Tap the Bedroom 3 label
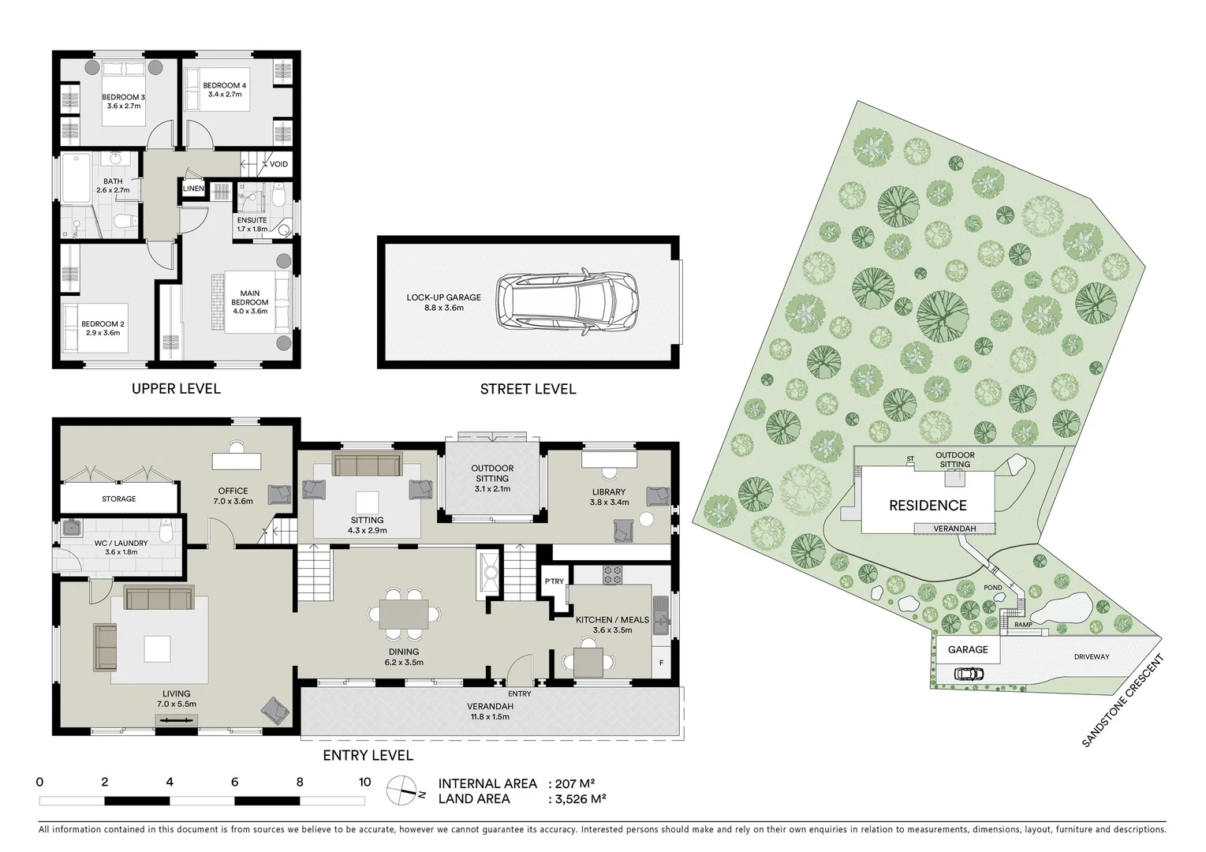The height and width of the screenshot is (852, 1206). (x=123, y=98)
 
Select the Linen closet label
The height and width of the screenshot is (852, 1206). (x=193, y=189)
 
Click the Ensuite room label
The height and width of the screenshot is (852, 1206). (x=252, y=221)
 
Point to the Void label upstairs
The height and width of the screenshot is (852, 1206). (x=278, y=165)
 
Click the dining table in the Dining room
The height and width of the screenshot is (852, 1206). (x=404, y=614)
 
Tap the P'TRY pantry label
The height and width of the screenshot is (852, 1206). (x=554, y=581)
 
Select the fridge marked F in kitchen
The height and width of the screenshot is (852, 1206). (x=661, y=663)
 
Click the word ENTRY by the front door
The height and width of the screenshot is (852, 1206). (x=520, y=693)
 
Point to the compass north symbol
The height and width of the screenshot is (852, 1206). (x=404, y=791)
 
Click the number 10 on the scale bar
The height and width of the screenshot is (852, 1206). (x=364, y=783)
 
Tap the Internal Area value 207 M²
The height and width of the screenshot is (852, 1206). (x=575, y=783)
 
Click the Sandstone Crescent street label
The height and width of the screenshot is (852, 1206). (x=1124, y=701)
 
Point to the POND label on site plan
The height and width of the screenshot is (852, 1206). (x=993, y=588)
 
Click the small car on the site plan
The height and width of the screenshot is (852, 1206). (x=969, y=674)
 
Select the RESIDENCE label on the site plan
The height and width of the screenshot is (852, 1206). (x=928, y=506)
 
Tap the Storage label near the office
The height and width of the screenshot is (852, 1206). (x=118, y=499)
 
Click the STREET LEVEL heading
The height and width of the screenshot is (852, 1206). (x=528, y=389)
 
